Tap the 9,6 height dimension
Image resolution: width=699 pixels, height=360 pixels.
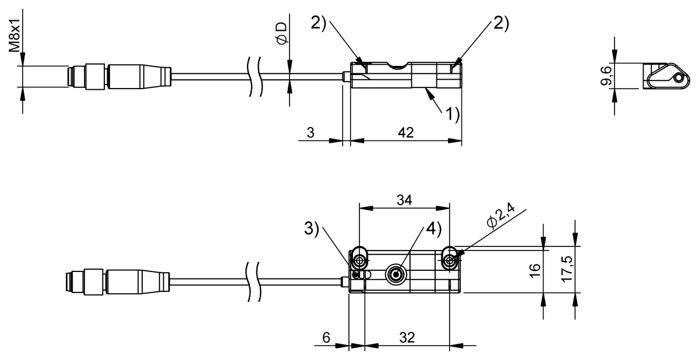tap(606, 76)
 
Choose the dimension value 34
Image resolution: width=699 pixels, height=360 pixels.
tap(404, 200)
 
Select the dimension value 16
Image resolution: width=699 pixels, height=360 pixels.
tap(534, 270)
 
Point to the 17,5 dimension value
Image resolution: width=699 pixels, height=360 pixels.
tap(566, 270)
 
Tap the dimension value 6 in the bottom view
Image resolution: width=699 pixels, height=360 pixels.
tap(326, 337)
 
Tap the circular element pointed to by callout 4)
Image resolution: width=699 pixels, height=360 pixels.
tap(397, 273)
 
